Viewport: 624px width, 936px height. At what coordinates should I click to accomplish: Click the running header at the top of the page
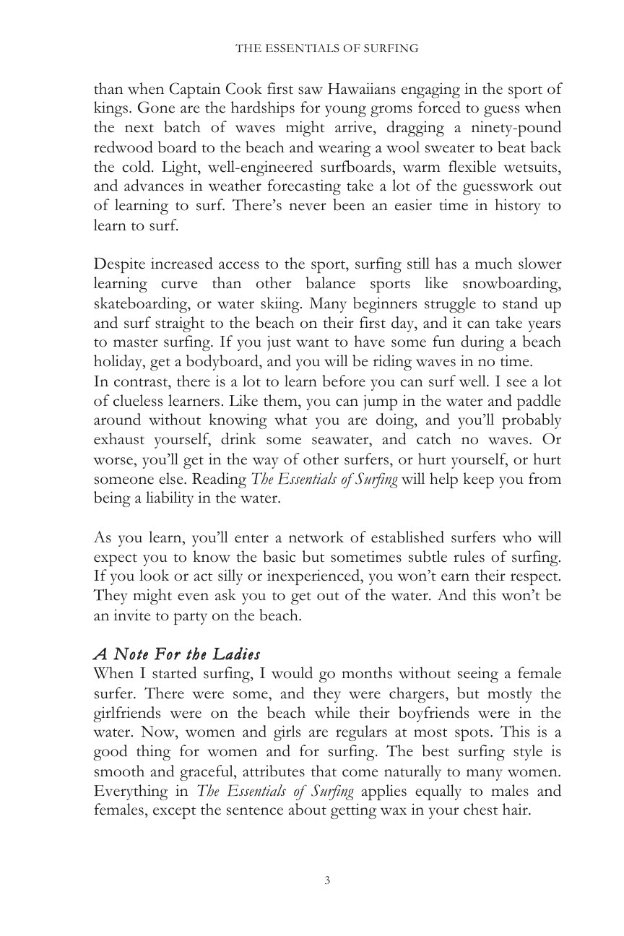pos(327,49)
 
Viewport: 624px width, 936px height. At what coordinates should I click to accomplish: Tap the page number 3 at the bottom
pos(327,880)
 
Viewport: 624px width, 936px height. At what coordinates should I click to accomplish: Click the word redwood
pos(123,148)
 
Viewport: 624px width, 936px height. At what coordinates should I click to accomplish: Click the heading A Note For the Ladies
pos(177,655)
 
